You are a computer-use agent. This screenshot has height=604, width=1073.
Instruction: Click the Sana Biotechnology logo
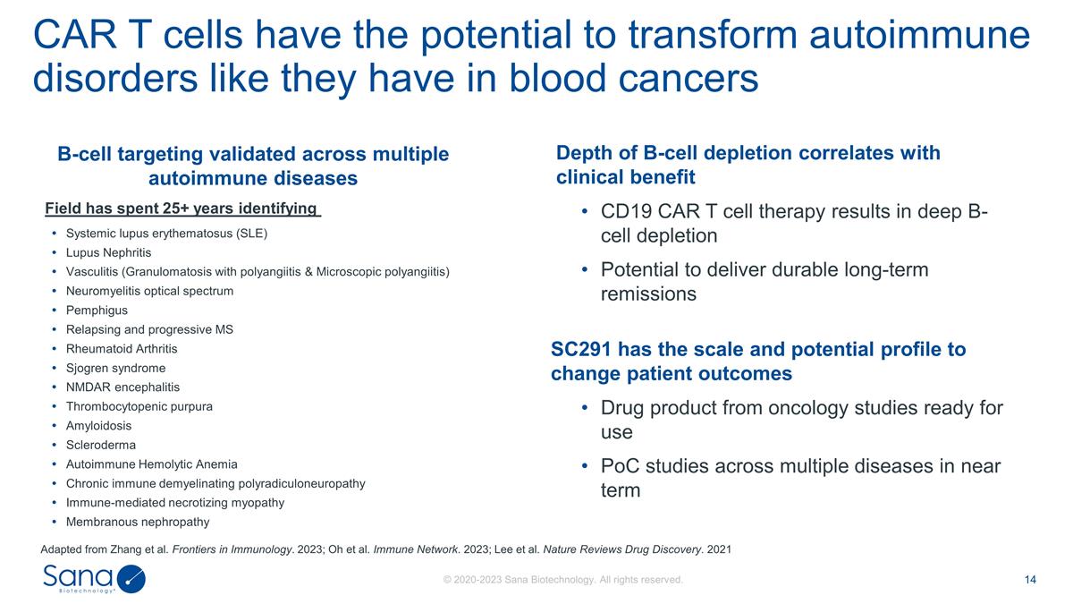[x=93, y=579]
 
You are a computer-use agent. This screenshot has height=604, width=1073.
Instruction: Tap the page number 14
[x=1030, y=580]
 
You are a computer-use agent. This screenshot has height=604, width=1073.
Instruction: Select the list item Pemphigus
[x=97, y=311]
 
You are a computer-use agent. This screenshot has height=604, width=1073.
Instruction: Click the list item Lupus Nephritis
[x=108, y=252]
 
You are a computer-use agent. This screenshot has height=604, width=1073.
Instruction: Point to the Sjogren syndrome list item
[x=115, y=368]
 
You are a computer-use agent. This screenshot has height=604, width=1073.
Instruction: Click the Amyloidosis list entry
[x=98, y=426]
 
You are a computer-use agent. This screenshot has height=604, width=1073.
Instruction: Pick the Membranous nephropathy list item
[x=138, y=522]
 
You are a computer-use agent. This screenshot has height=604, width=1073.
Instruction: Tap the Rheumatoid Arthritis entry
[x=122, y=349]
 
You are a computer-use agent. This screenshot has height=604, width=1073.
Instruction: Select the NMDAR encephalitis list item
[x=123, y=387]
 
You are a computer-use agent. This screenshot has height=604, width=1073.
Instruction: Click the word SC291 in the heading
[x=581, y=349]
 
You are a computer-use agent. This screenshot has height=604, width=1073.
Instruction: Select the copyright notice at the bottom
[x=563, y=580]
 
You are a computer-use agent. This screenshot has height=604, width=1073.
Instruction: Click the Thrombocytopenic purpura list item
[x=139, y=406]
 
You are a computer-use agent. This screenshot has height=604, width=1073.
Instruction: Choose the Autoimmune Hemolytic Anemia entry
[x=152, y=464]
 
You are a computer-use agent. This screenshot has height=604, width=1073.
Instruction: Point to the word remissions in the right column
[x=648, y=293]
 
